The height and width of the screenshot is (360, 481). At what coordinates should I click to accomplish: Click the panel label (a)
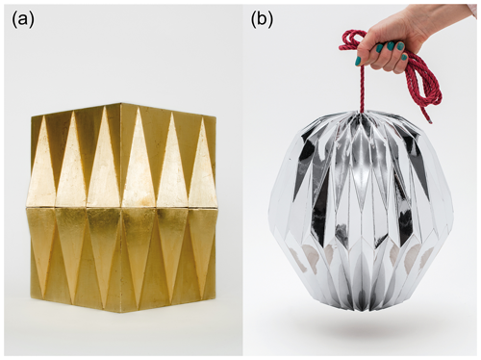[23, 20]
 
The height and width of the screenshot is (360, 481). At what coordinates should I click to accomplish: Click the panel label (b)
[262, 20]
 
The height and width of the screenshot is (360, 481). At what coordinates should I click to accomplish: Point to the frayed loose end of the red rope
[429, 121]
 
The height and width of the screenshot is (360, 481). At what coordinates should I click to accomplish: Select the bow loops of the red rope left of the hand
[353, 40]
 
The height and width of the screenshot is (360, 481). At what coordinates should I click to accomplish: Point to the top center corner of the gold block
[120, 103]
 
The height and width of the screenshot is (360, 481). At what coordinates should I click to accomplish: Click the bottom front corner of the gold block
[120, 313]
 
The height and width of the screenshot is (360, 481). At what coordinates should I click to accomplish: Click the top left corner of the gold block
[31, 116]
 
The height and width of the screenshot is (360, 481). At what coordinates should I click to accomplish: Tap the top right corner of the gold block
[215, 116]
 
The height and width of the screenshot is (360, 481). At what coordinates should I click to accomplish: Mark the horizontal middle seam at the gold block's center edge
[120, 207]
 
